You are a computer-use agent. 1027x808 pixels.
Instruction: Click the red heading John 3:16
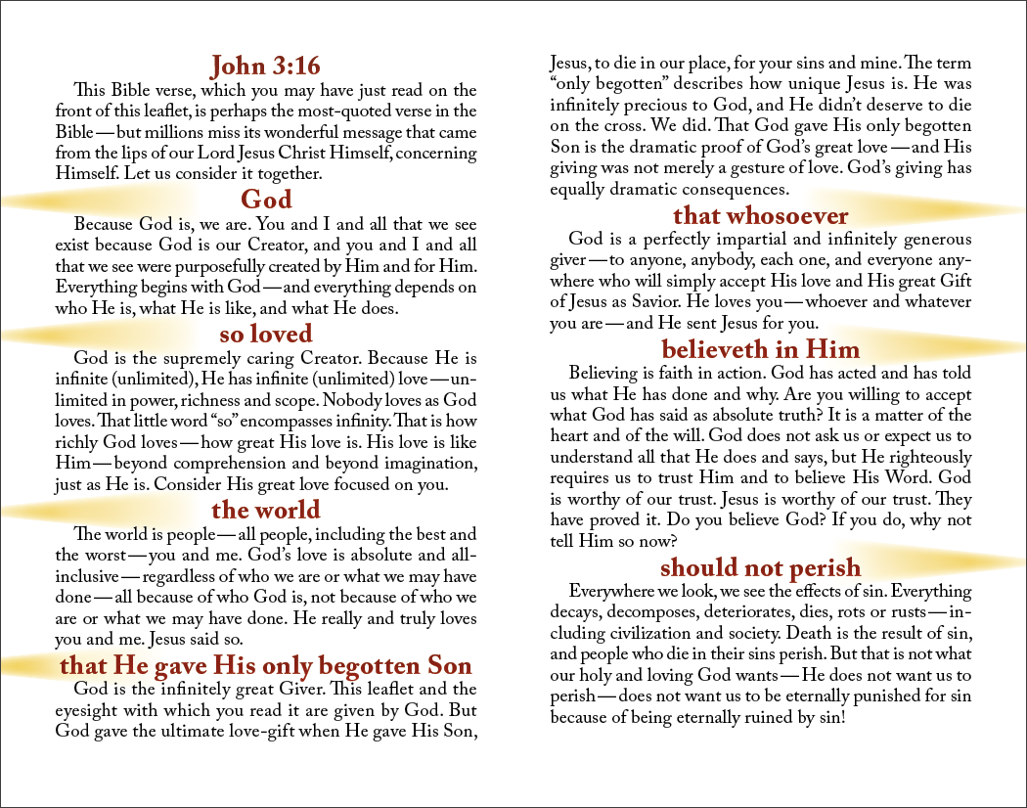(266, 66)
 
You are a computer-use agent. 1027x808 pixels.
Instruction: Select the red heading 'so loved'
(266, 335)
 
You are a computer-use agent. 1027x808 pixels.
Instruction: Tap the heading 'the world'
(266, 510)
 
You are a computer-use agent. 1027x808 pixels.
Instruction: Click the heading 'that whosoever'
(760, 215)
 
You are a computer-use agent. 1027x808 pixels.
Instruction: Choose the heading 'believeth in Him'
(760, 349)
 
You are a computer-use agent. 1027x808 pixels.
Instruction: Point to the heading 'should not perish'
(760, 567)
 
